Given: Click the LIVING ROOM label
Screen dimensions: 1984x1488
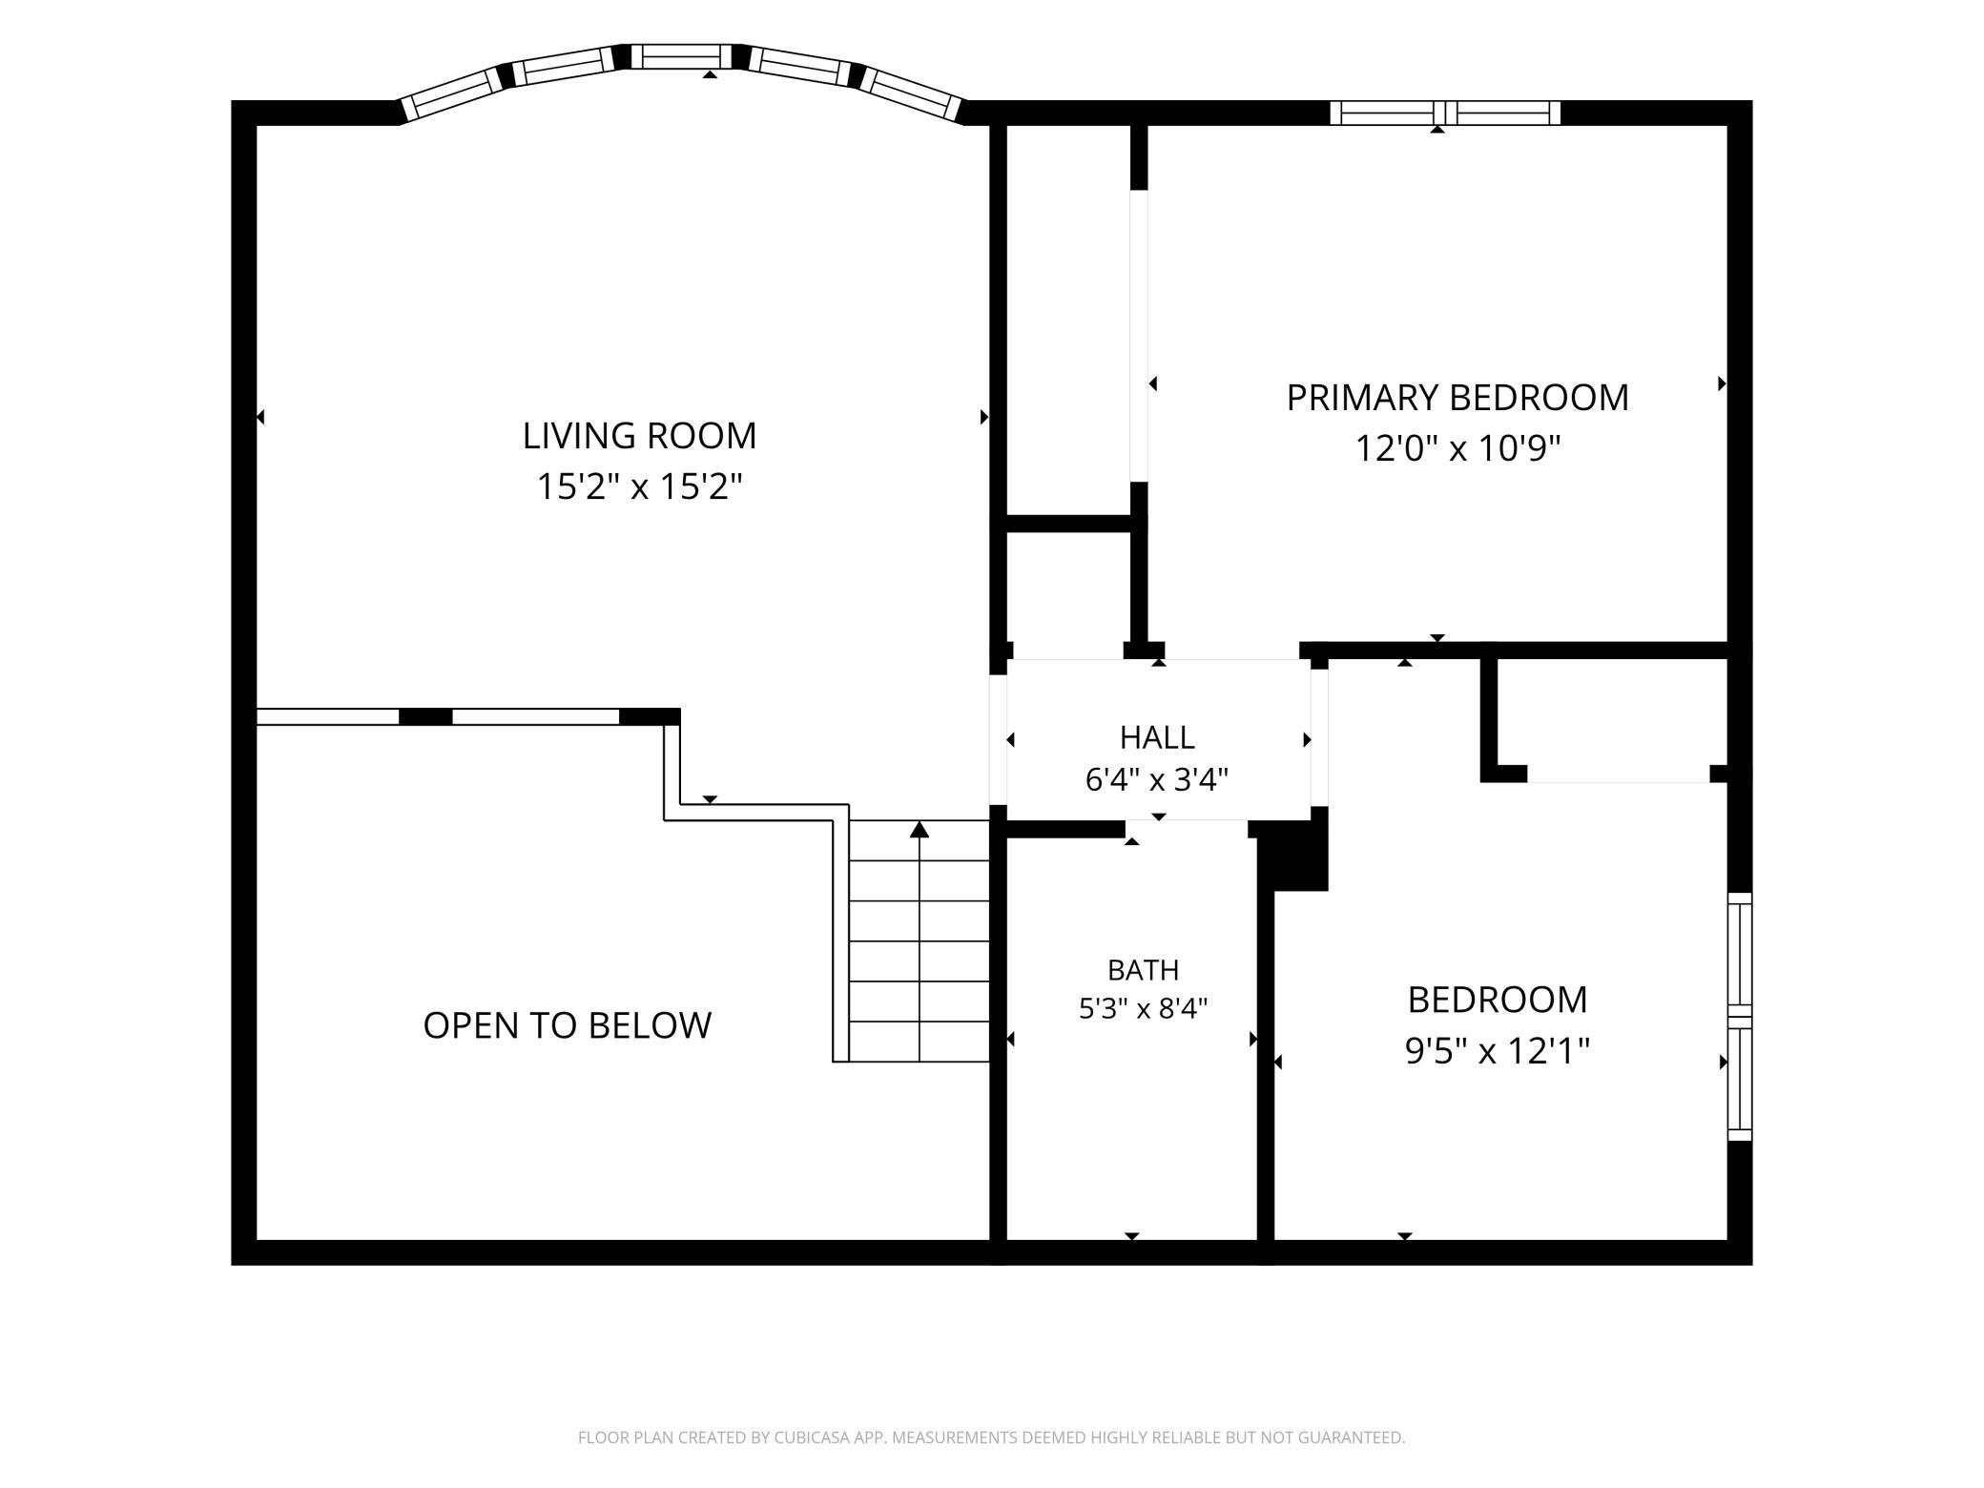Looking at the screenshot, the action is [639, 436].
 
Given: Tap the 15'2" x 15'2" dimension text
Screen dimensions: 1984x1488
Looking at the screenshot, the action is [639, 487].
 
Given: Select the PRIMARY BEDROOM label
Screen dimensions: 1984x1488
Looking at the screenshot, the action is [1457, 398].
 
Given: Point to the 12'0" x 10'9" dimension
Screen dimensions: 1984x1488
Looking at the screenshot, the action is [1457, 447].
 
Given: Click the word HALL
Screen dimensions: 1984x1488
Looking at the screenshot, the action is [1157, 737].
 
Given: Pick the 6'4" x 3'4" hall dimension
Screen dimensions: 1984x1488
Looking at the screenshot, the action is [1157, 780].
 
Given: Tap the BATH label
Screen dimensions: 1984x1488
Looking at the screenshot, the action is [1143, 970].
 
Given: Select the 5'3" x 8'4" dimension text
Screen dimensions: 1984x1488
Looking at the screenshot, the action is [1143, 1008].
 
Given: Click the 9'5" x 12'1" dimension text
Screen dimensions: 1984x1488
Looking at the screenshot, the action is [1498, 1051].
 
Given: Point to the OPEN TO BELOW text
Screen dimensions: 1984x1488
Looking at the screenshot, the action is [568, 1025].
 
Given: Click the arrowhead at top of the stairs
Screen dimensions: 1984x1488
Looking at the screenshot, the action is [920, 829].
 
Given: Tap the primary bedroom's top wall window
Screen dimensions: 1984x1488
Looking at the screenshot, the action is [1445, 113].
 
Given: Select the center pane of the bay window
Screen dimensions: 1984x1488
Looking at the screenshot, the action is [687, 56].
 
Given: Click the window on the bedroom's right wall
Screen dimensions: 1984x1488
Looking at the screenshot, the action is [1741, 1017].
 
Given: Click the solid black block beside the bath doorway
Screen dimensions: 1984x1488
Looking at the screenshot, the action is [1293, 856].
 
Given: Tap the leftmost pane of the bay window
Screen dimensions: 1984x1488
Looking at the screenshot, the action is [451, 94].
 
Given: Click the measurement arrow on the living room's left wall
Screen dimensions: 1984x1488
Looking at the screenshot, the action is [260, 417].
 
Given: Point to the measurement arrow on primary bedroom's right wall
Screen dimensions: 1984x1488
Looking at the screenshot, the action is [1723, 383].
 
